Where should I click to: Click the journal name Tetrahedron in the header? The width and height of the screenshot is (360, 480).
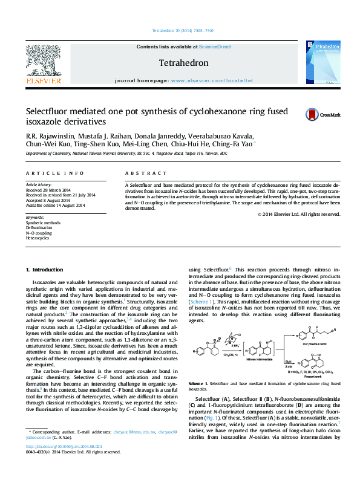point(183,63)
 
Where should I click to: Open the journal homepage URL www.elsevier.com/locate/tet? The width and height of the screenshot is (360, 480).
point(212,80)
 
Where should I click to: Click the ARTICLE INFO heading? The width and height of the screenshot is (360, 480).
point(54,173)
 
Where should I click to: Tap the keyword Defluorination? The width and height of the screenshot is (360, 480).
point(39,228)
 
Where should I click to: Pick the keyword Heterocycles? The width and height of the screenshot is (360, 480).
point(38,238)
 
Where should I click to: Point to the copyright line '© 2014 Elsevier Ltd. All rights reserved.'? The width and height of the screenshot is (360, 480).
point(298,214)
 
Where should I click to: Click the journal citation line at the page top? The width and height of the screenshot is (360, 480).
point(183,30)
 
